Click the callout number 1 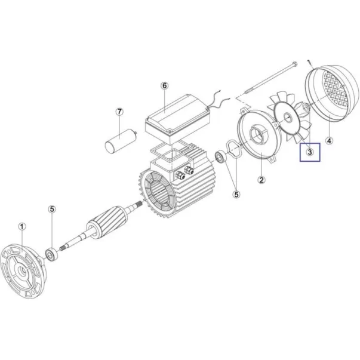point(22,227)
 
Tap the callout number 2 point(261,180)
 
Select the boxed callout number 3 point(310,152)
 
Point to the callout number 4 point(330,140)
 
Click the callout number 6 point(164,86)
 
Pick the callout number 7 point(119,112)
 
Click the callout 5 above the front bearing point(52,209)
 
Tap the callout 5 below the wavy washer point(236,194)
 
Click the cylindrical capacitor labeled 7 point(121,140)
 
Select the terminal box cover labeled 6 point(178,119)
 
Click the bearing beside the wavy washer point(221,157)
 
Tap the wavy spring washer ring point(233,149)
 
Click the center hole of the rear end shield point(257,136)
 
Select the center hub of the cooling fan point(287,118)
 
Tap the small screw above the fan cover point(309,63)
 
